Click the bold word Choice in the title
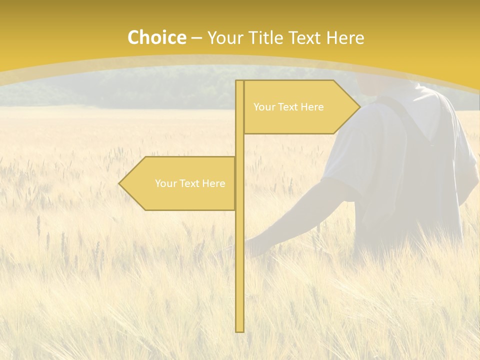[156, 37]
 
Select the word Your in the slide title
[225, 37]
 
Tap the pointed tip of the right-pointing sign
[358, 107]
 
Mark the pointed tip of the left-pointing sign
[120, 183]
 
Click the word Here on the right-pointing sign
[312, 107]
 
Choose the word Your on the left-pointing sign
[164, 183]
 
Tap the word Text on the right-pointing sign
[287, 107]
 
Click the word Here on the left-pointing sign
[214, 183]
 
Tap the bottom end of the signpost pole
[239, 330]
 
